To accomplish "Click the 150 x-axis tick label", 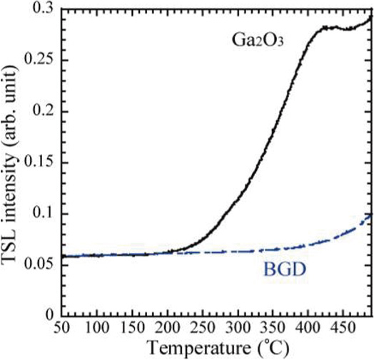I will [x=131, y=329].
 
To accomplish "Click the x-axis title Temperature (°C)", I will [x=214, y=349].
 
